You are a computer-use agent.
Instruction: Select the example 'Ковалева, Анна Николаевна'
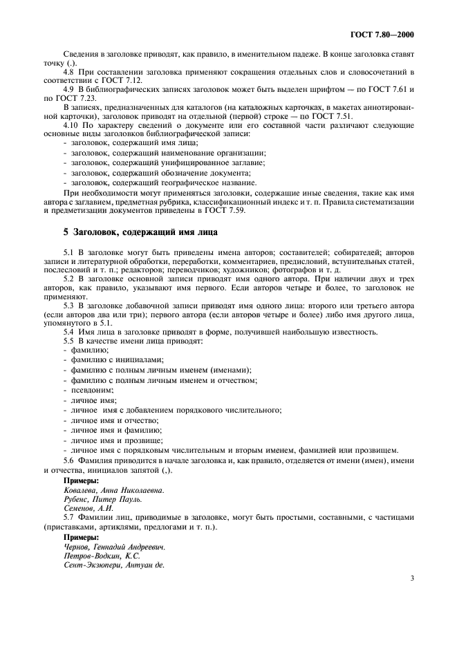tap(113, 489)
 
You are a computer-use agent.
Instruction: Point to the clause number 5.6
tap(68, 460)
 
